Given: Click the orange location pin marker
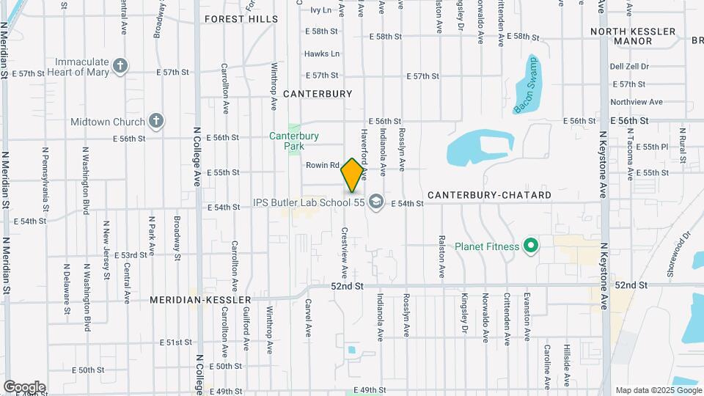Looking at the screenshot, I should tap(353, 175).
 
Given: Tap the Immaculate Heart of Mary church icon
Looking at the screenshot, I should tap(121, 67).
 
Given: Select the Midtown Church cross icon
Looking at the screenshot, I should tap(155, 121).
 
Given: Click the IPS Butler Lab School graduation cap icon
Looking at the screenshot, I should tap(376, 202).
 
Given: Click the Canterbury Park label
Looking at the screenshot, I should tap(293, 139).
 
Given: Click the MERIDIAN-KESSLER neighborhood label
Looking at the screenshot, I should tap(200, 300).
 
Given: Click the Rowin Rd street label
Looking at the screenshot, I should tap(323, 166).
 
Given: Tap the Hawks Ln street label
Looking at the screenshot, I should tap(322, 54).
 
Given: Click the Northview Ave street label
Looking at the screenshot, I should tap(636, 102).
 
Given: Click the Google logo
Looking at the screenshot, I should tap(24, 386).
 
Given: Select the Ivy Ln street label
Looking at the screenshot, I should tap(320, 10).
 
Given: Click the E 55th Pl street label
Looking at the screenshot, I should tap(653, 147).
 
